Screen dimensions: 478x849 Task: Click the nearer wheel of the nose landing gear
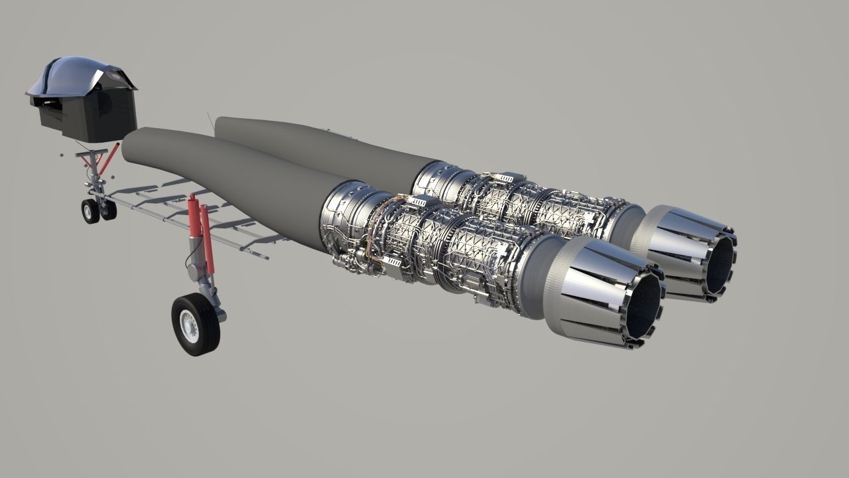(90, 211)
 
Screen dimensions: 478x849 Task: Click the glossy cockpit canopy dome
(80, 72)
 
